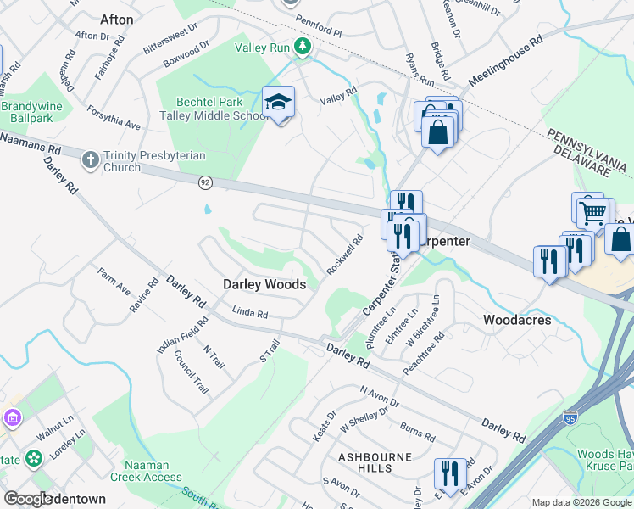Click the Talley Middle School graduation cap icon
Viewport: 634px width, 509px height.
[278, 103]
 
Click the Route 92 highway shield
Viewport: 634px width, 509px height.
[205, 182]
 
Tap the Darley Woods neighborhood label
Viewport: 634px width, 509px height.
[264, 285]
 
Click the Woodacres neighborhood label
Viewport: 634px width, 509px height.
[517, 320]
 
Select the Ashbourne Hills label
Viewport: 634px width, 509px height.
[375, 462]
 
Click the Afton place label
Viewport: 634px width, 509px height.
[116, 19]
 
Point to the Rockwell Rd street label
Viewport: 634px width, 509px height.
[345, 255]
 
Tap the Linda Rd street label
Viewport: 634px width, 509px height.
[249, 314]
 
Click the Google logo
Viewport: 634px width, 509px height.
[30, 499]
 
